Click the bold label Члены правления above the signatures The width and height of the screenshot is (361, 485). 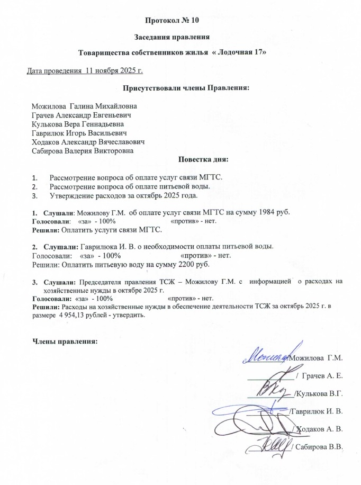(66, 341)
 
